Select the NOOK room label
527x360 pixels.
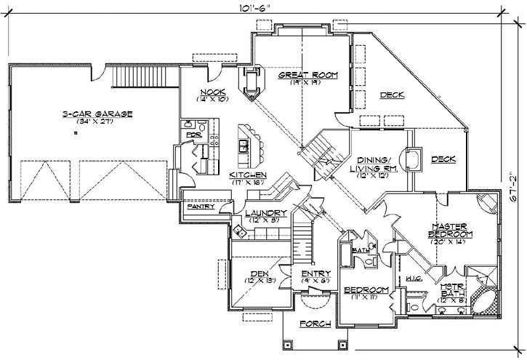(x=213, y=91)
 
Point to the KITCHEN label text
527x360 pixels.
(x=249, y=175)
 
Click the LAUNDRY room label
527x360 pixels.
(x=266, y=212)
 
